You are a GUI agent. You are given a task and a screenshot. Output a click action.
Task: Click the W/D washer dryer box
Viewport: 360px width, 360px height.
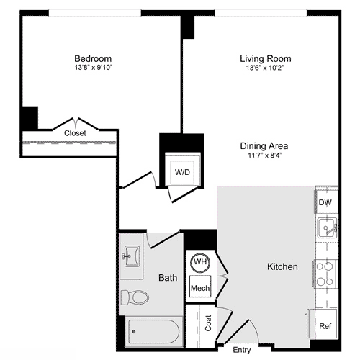183,172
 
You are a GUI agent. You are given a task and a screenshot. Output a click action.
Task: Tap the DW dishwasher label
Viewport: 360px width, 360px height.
325,203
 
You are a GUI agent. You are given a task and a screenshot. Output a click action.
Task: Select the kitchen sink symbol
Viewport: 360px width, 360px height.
325,230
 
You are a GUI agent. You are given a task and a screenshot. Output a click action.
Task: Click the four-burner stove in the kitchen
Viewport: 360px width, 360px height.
325,274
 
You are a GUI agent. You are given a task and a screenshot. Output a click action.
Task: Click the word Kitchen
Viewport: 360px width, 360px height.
282,267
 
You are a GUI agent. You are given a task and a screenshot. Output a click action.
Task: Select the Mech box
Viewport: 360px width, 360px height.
199,288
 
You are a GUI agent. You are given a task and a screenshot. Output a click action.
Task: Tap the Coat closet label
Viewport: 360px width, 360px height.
209,324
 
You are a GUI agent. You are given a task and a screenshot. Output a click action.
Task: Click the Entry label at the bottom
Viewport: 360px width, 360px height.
242,350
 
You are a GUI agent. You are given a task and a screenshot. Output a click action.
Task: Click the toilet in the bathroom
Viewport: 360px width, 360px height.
135,297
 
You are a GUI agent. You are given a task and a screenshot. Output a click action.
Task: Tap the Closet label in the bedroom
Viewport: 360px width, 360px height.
75,133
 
